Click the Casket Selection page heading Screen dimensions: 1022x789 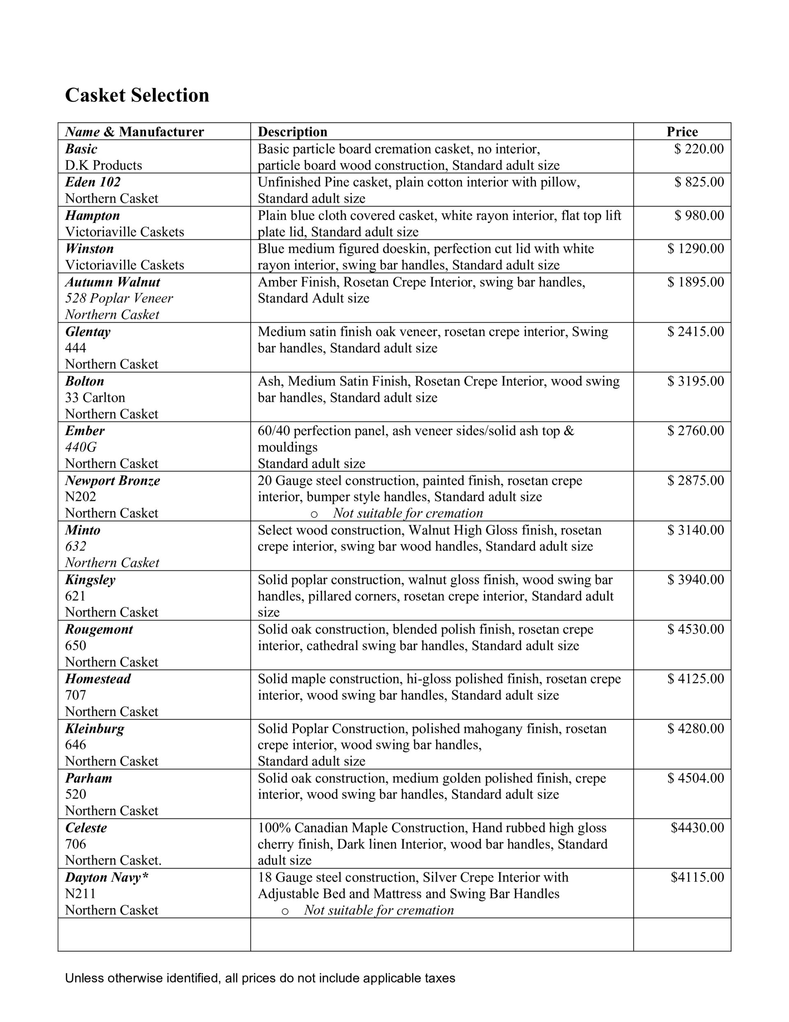pos(136,95)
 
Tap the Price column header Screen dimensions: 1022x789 pos(682,132)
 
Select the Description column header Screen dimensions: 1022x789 pos(292,132)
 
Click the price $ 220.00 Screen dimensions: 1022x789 pos(699,149)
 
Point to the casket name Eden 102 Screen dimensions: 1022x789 pos(92,182)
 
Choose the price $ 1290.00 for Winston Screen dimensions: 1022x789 pos(695,248)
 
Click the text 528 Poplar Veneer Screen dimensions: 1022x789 pos(119,298)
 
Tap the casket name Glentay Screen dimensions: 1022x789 pos(88,332)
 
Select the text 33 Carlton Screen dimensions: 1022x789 pos(95,398)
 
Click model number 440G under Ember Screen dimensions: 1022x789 pos(81,447)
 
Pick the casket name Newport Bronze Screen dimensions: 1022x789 pos(112,481)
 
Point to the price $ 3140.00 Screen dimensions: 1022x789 pos(695,530)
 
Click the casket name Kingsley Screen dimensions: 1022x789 pos(90,580)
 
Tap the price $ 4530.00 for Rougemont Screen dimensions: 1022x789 pos(695,629)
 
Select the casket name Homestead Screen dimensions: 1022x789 pos(98,679)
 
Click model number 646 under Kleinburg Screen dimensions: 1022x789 pos(76,745)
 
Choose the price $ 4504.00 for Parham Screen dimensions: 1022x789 pos(695,778)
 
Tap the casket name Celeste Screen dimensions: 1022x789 pos(86,828)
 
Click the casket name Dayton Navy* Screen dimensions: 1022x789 pos(106,877)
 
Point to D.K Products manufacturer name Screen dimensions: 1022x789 pos(104,165)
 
